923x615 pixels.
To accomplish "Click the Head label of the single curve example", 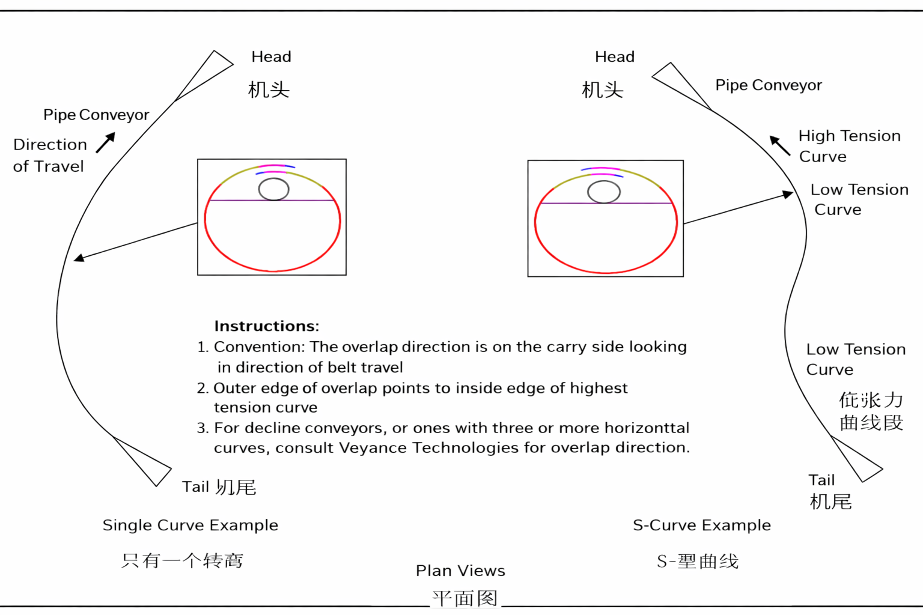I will [x=271, y=57].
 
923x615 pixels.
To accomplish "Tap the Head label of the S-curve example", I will [x=614, y=57].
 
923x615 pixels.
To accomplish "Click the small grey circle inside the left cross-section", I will [x=273, y=189].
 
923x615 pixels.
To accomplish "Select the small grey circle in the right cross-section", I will [x=603, y=192].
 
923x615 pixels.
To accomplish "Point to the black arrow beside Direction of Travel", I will [x=105, y=142].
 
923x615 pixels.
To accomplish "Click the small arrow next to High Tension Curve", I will [x=779, y=145].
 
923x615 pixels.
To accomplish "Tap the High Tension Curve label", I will [x=848, y=146].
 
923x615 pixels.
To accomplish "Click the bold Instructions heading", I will [x=266, y=326].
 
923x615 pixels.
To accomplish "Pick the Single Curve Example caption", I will [x=190, y=526].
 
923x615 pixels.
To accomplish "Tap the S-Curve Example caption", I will [x=701, y=526].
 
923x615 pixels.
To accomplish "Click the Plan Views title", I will [x=460, y=571].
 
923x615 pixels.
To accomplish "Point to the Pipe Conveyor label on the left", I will [x=96, y=115].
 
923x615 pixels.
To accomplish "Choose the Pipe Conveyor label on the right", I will [x=768, y=85].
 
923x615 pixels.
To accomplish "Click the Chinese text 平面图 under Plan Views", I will [x=465, y=598].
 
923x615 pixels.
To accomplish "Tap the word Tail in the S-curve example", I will [x=821, y=480].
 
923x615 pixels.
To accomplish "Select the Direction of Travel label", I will [x=49, y=156].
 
